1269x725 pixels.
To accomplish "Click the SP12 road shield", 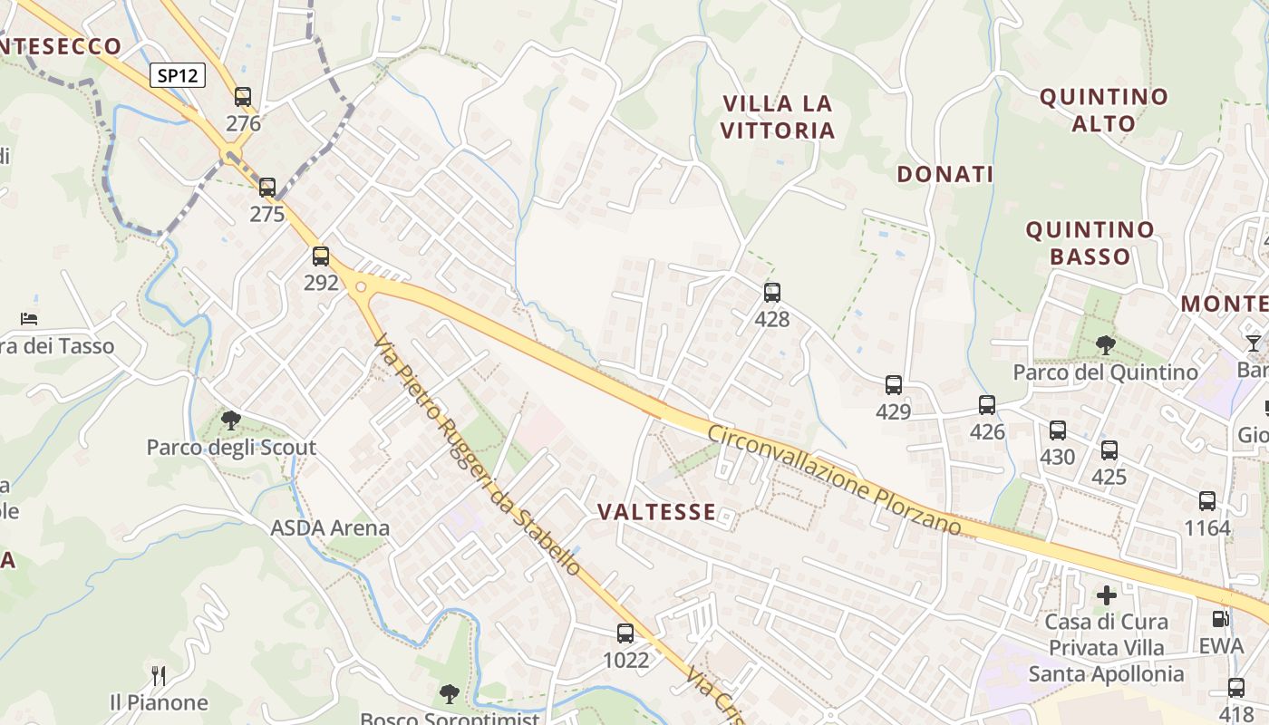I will (177, 76).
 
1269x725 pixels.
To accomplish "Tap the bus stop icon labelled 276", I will (242, 97).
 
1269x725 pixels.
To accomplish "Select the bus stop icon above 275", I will (266, 188).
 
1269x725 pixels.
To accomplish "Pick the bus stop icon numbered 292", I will (320, 256).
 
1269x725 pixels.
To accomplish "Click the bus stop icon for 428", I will (771, 293).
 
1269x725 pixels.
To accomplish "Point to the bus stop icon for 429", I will (893, 385).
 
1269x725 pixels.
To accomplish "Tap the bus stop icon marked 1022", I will (625, 633).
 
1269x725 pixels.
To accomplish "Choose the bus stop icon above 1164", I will (1206, 501).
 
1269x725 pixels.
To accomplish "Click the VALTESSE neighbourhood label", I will (656, 512).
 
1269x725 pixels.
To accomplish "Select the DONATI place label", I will (945, 175).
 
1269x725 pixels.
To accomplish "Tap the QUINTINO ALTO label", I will (1103, 110).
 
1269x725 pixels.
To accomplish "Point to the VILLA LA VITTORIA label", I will (778, 117).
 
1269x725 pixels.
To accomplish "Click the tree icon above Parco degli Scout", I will (231, 420).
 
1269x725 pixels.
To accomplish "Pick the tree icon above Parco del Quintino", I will (1105, 344).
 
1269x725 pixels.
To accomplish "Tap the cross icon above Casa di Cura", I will (1106, 595).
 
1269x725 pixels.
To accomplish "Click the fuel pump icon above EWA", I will (1221, 619).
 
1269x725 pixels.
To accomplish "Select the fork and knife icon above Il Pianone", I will (159, 675).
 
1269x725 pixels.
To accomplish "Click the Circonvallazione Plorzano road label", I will (834, 480).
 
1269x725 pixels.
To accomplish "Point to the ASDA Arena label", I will (330, 527).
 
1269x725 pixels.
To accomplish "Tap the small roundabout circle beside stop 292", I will (362, 287).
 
